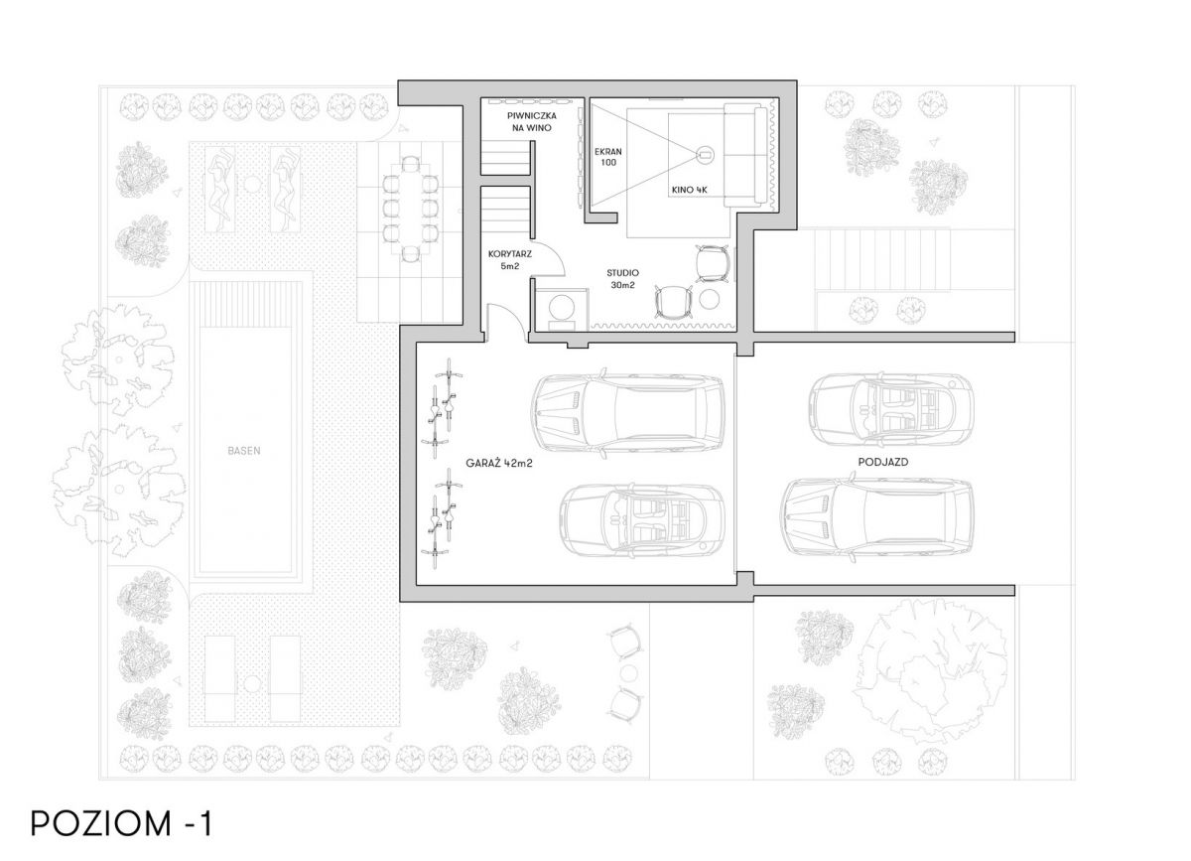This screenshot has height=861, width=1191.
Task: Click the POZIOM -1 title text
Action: point(121,823)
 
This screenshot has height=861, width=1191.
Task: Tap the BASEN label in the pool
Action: point(244,451)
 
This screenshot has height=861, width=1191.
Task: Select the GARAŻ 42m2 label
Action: point(499,464)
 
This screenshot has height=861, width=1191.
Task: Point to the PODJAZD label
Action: point(883,462)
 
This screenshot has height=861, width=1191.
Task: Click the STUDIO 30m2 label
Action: point(622,279)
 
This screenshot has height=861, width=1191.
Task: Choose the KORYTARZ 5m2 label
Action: point(510,260)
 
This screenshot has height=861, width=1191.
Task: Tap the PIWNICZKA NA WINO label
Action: point(532,122)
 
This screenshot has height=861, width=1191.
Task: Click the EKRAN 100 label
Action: point(608,157)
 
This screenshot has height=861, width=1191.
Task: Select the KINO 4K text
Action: point(690,190)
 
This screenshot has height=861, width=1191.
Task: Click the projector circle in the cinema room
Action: point(705,155)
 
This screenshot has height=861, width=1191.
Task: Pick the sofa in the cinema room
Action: point(746,155)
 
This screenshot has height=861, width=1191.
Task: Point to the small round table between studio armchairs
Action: point(709,299)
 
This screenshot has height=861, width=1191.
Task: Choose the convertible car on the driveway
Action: point(890,410)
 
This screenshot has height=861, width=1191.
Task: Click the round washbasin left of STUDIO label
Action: point(563,307)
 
